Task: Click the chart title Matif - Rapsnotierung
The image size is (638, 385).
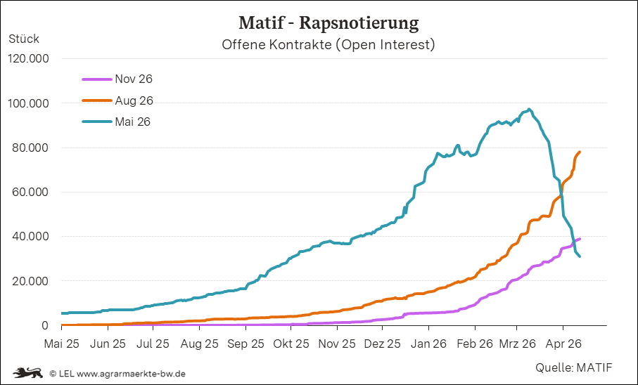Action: coord(328,23)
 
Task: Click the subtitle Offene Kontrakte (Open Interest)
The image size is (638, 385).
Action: coord(328,46)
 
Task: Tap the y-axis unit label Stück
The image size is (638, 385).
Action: coord(24,39)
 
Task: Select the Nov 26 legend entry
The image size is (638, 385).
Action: coord(133,79)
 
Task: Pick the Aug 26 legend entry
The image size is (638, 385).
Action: coord(134,100)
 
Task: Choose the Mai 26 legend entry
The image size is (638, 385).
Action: coord(133,122)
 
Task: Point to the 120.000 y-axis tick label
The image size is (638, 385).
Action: coord(29,59)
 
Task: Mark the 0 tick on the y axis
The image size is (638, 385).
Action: coord(44,326)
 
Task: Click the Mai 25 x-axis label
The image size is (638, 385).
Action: coord(63,344)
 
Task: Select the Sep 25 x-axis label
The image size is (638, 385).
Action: coord(246,344)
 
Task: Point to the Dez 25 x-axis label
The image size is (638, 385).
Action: coord(383,344)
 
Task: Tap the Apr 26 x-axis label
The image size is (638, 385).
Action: coord(563,344)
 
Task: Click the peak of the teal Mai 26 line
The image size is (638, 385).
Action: coord(529,110)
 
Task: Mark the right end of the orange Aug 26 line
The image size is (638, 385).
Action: coord(580,152)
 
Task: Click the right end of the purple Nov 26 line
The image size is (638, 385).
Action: coord(580,239)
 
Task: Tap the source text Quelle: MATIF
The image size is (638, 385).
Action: coord(574,367)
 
